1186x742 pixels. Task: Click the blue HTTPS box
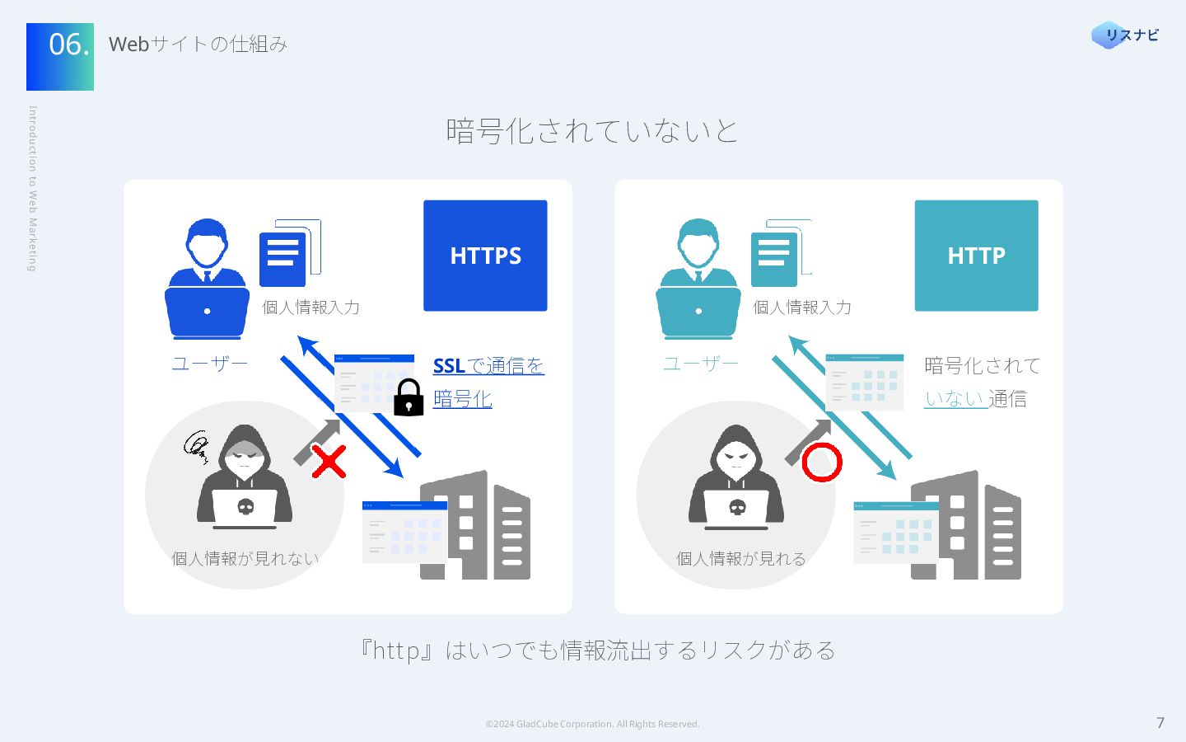[x=485, y=256]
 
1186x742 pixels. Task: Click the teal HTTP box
[x=976, y=256]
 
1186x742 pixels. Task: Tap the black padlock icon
[x=409, y=398]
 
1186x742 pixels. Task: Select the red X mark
[x=329, y=462]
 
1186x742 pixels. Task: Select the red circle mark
[x=821, y=463]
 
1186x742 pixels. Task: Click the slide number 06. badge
[x=60, y=56]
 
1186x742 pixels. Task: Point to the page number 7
[x=1160, y=723]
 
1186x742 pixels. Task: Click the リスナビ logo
[x=1125, y=35]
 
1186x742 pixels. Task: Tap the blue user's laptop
[x=207, y=312]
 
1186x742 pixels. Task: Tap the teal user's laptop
[x=698, y=312]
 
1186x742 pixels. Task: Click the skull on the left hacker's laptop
[x=245, y=506]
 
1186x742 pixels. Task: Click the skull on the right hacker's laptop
[x=737, y=506]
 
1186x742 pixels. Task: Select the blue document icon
[x=282, y=258]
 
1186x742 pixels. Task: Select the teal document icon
[x=773, y=258]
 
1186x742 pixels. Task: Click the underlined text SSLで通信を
[x=488, y=365]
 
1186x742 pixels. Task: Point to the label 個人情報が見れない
[x=245, y=558]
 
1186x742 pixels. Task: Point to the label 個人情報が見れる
[x=740, y=558]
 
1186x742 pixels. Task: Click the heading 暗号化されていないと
[x=592, y=131]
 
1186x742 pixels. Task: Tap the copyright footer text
[x=592, y=724]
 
